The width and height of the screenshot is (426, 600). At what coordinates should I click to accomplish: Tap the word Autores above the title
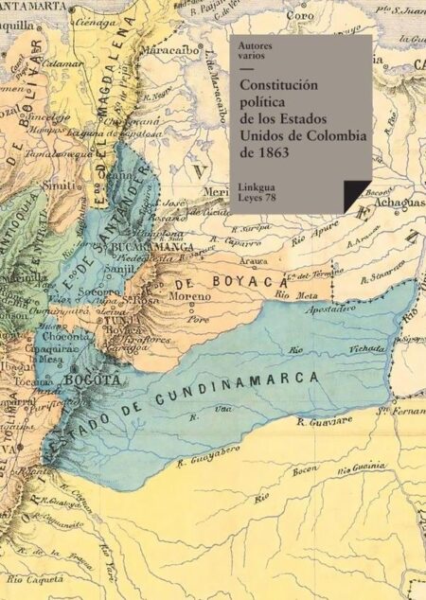[x=255, y=44]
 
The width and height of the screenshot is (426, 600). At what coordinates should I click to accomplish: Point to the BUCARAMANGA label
[x=153, y=247]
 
